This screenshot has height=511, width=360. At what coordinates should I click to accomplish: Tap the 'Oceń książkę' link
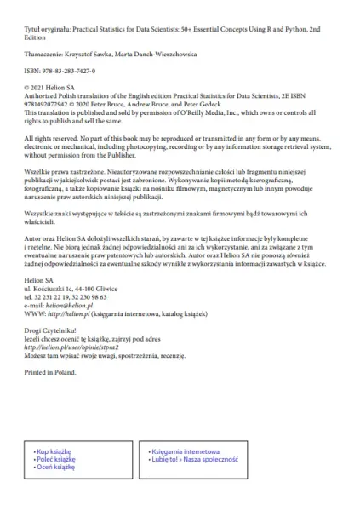pos(56,467)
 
